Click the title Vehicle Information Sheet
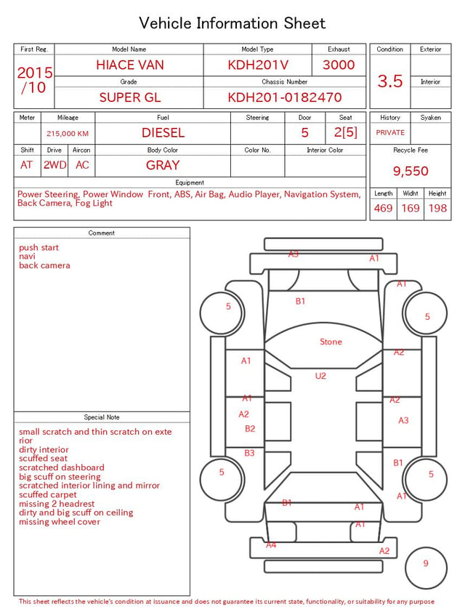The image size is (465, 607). (x=232, y=23)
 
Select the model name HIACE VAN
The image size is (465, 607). (x=130, y=65)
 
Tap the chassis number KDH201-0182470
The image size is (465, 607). (x=285, y=97)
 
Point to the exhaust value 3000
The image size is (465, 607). (x=339, y=65)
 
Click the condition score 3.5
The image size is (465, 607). (x=390, y=81)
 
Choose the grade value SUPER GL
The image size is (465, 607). (x=130, y=97)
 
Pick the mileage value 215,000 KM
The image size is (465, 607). (x=68, y=134)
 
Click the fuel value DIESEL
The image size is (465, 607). (x=163, y=133)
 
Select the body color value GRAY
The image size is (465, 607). (x=163, y=165)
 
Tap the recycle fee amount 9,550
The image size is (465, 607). (x=411, y=171)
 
